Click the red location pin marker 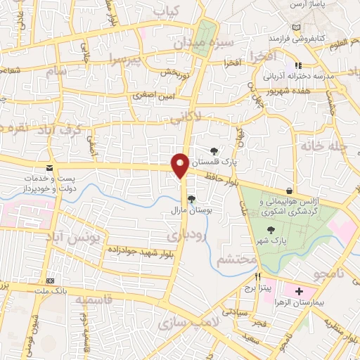(181, 165)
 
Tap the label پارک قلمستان (235, 161)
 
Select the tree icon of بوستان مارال (191, 198)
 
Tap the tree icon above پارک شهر (271, 230)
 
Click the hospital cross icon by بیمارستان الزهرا (299, 290)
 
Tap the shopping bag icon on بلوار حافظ (289, 191)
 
